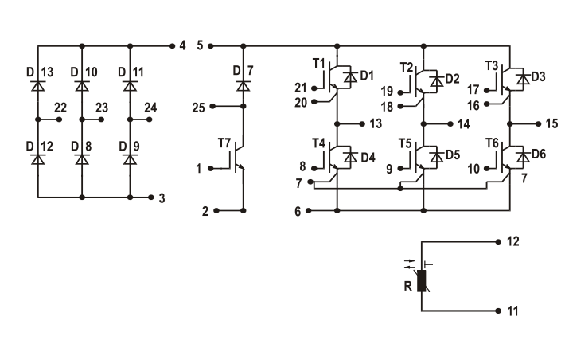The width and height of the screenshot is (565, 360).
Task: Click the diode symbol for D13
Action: point(38,86)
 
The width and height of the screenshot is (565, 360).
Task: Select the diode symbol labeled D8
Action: point(82,159)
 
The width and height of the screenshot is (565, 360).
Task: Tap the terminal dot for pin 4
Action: point(172,46)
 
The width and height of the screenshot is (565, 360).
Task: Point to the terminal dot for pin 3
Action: point(151,198)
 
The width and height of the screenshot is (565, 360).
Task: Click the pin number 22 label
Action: point(60,108)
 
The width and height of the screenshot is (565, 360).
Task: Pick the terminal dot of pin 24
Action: point(149,119)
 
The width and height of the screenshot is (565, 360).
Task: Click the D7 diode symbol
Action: point(244,86)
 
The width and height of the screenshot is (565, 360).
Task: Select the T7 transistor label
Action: point(224,143)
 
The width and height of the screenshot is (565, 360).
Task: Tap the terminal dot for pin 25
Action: point(212,106)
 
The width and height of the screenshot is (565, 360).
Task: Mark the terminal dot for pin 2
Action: point(216,210)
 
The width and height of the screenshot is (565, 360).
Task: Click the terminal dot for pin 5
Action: point(211,46)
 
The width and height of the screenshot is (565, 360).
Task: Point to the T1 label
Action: point(319,64)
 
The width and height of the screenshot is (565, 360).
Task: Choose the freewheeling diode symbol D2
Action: point(437,81)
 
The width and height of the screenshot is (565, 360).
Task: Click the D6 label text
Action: point(539,154)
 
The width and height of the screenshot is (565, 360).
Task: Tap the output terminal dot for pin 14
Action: point(450,124)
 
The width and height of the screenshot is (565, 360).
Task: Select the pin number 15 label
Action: point(551,123)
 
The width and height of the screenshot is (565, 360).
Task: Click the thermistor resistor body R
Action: point(422,280)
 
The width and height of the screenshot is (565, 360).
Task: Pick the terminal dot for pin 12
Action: point(498,241)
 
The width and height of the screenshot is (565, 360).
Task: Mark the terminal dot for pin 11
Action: point(498,311)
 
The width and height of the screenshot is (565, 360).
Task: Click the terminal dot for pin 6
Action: point(309,210)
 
